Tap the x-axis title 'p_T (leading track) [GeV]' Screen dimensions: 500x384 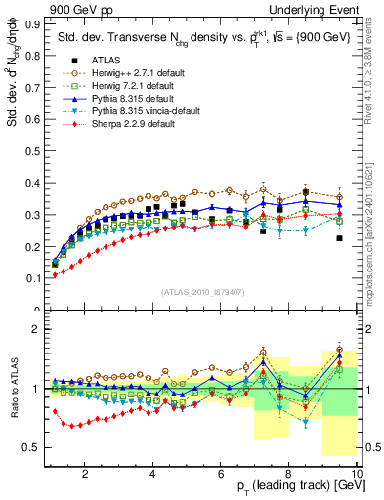[294, 486]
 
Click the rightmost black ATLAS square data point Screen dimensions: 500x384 [339, 238]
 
